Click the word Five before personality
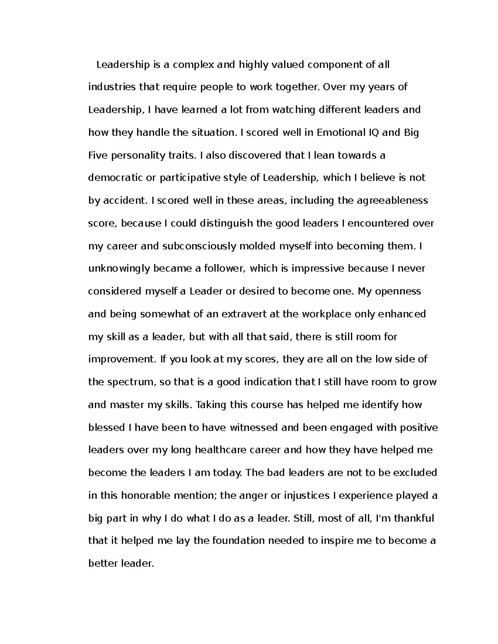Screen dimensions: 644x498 pos(98,156)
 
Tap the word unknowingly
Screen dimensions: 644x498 pos(119,269)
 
